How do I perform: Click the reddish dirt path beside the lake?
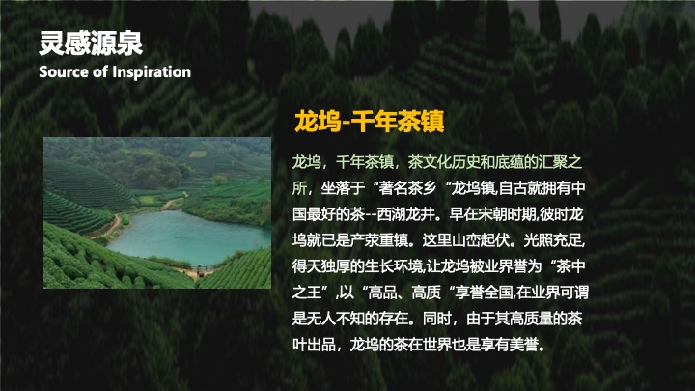117,228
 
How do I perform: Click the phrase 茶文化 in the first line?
430,160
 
